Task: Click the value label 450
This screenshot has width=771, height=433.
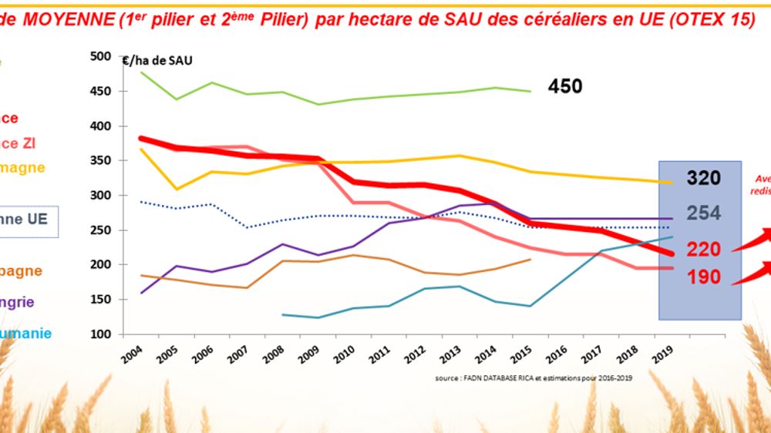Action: pos(565,86)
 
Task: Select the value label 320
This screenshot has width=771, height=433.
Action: pos(703,178)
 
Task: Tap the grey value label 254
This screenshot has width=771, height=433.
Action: pos(703,213)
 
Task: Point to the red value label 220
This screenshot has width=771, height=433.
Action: pos(703,249)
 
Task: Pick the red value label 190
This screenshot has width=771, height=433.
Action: pos(703,277)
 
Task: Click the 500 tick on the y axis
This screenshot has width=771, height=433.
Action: pos(100,56)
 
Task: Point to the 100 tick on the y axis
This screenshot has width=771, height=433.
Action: pos(100,334)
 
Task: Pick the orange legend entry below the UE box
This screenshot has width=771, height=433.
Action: pos(21,270)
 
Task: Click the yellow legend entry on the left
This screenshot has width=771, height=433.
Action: pos(23,167)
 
